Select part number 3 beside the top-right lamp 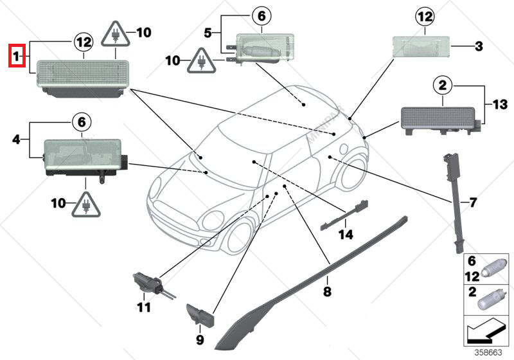(x=478, y=46)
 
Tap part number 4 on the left (x=16, y=137)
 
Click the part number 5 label (x=208, y=32)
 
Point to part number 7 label (x=473, y=203)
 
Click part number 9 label (x=199, y=339)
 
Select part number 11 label (x=144, y=307)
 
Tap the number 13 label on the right (x=499, y=103)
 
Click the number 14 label (x=346, y=235)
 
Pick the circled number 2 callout (x=442, y=84)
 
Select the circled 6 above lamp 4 (x=82, y=120)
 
